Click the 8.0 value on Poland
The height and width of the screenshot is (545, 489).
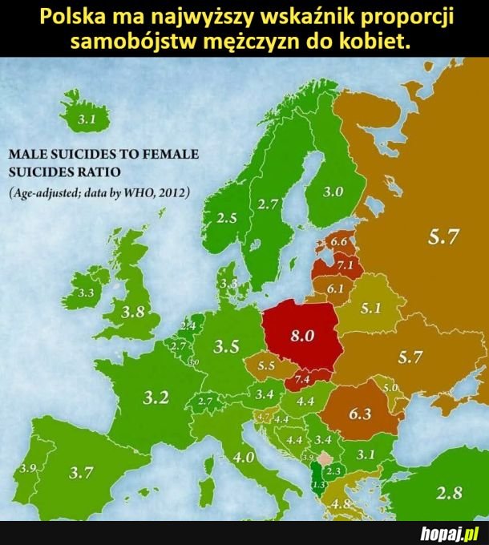pos(301,336)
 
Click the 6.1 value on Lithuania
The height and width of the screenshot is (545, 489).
pos(334,289)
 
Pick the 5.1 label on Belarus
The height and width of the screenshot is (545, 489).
pos(370,308)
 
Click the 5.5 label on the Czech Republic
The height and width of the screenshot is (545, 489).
pos(267,365)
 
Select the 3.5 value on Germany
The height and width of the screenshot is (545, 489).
pos(228,347)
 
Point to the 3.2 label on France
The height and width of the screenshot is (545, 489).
pos(156,397)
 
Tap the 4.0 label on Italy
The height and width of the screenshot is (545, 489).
pos(244,458)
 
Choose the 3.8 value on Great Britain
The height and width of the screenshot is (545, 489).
pos(131,311)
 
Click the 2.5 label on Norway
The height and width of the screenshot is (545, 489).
pos(227,217)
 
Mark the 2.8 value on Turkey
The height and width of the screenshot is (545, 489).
pos(447,493)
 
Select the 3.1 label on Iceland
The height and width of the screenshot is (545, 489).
pos(85,120)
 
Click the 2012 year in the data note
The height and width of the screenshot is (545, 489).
pos(170,192)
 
